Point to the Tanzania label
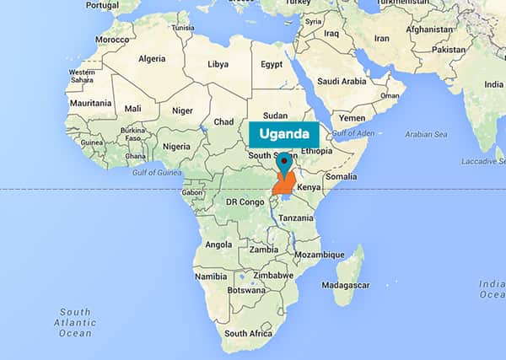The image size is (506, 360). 296,218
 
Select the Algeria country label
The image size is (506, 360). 152,59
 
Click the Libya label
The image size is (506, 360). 218,64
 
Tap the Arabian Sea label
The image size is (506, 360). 426,133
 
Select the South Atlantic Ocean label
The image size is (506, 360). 77,321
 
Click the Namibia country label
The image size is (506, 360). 210,277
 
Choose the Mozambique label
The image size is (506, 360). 319,254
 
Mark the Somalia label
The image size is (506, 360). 342,175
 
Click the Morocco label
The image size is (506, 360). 111,40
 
